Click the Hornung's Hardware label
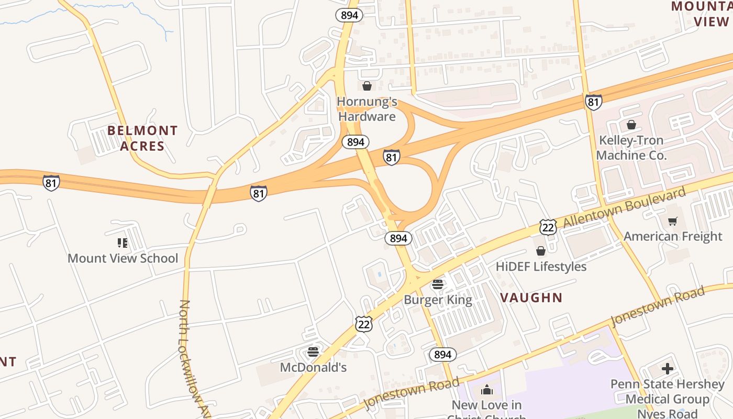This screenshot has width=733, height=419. click(x=367, y=109)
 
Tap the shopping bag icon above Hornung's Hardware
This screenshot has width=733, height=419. click(x=367, y=86)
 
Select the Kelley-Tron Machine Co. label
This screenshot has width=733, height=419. click(x=631, y=148)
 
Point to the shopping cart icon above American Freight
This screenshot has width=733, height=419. click(x=673, y=221)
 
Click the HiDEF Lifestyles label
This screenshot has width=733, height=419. click(x=541, y=267)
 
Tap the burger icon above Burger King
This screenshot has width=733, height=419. click(x=438, y=285)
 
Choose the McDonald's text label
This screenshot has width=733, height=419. click(x=313, y=367)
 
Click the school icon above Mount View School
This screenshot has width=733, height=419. click(x=123, y=242)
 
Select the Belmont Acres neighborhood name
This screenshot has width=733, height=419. click(x=142, y=138)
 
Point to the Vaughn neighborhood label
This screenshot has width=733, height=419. click(x=531, y=297)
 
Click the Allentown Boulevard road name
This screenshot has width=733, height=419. click(x=624, y=208)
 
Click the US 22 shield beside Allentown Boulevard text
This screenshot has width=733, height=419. click(x=548, y=227)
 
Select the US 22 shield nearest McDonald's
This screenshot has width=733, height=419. click(x=363, y=324)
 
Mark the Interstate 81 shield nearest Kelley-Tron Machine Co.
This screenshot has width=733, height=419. click(x=593, y=102)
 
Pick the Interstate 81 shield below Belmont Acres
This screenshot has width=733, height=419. click(x=51, y=183)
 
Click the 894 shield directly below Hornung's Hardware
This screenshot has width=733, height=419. click(x=356, y=141)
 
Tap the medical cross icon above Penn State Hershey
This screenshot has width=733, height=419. click(x=667, y=369)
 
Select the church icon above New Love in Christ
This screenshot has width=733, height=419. click(x=487, y=390)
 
